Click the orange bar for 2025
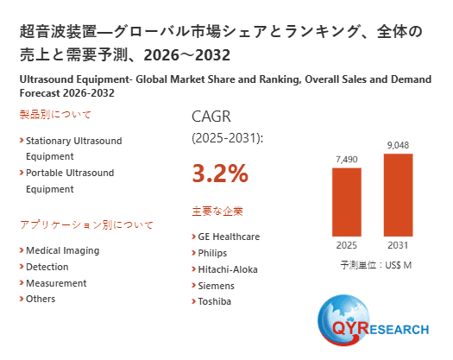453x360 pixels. tap(347, 201)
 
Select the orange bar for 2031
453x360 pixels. tap(398, 194)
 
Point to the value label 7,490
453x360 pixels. tap(347, 159)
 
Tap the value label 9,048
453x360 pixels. tap(398, 144)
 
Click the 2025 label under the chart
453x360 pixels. tap(347, 244)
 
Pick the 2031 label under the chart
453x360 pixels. tap(398, 244)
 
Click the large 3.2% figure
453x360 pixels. tap(220, 174)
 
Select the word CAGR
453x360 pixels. tap(211, 117)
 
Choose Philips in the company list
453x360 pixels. tap(212, 252)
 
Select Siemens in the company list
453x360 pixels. tap(216, 285)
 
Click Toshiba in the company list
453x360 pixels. tap(215, 301)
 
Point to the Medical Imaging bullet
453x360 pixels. tap(62, 250)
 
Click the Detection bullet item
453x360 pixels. tap(47, 267)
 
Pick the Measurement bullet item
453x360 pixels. tap(56, 282)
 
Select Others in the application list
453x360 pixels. tap(41, 299)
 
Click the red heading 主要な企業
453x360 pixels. tap(217, 211)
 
